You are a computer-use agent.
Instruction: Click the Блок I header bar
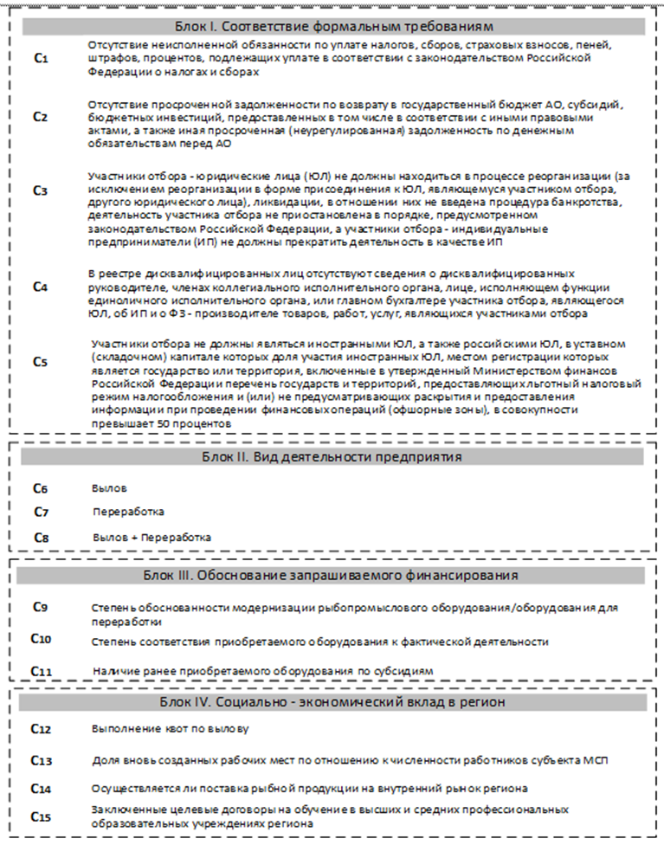tap(333, 26)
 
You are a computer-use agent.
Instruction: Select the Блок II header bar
tap(333, 456)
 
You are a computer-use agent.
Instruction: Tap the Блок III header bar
tap(333, 575)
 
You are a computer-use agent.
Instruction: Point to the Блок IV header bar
tap(333, 701)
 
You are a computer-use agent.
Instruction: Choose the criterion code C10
tap(42, 639)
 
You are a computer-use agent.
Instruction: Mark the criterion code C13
tap(42, 760)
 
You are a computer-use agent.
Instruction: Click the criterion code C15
tap(42, 816)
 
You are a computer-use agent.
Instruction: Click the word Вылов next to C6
tap(109, 488)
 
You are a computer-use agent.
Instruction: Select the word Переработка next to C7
tap(128, 512)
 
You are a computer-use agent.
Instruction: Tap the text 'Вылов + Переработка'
tap(151, 537)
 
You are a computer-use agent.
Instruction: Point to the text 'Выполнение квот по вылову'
tap(171, 729)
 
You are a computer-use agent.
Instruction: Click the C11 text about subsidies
tap(262, 671)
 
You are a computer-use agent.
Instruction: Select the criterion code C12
tap(42, 729)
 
